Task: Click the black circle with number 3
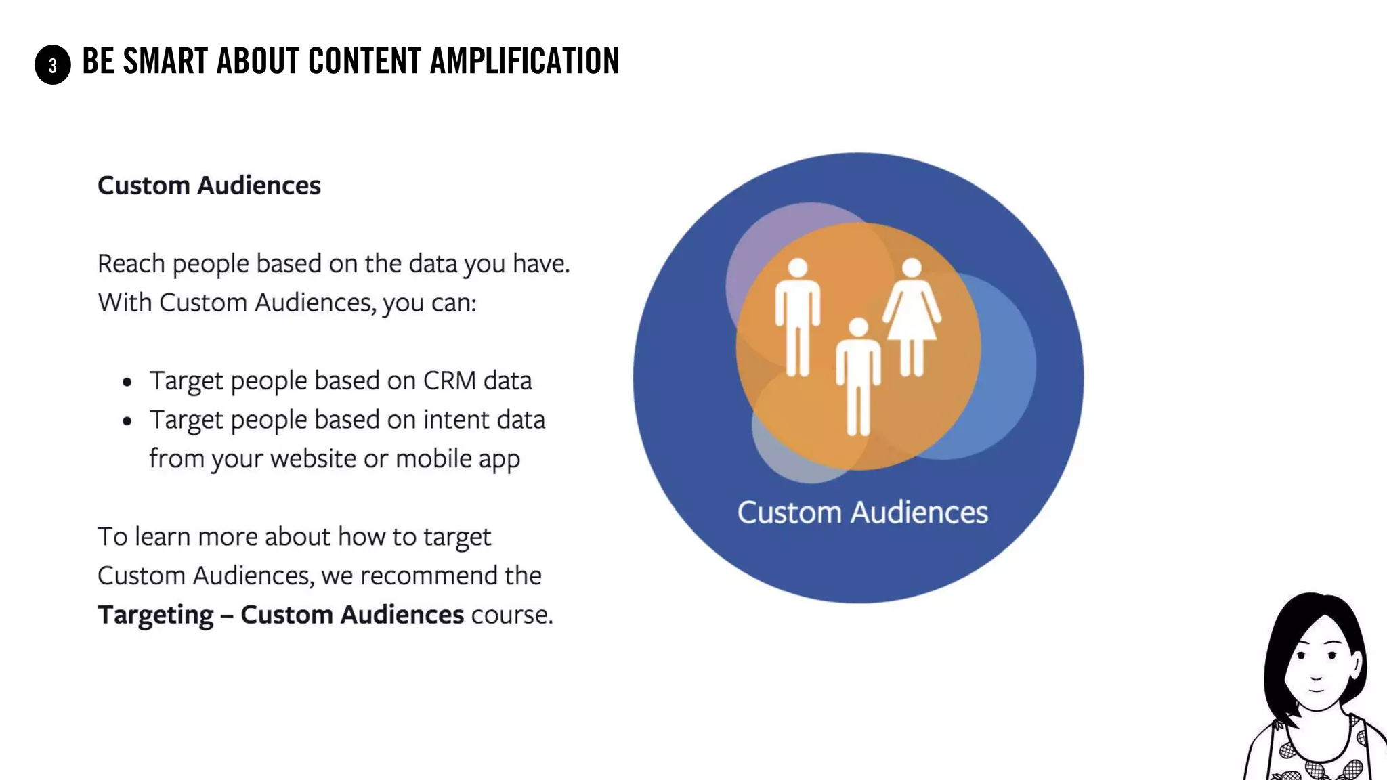point(53,65)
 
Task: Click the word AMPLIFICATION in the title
point(524,61)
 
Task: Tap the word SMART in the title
point(165,61)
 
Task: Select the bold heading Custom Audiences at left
point(209,186)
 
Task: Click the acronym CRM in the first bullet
point(450,381)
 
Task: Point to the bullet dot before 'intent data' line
point(127,421)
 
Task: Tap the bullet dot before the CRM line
point(127,383)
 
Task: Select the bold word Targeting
point(156,615)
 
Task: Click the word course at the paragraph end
point(511,615)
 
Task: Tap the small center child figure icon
point(858,376)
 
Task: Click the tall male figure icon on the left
point(798,316)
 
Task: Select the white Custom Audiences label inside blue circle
point(862,513)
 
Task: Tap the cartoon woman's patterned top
point(1314,758)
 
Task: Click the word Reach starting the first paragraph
point(131,263)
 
